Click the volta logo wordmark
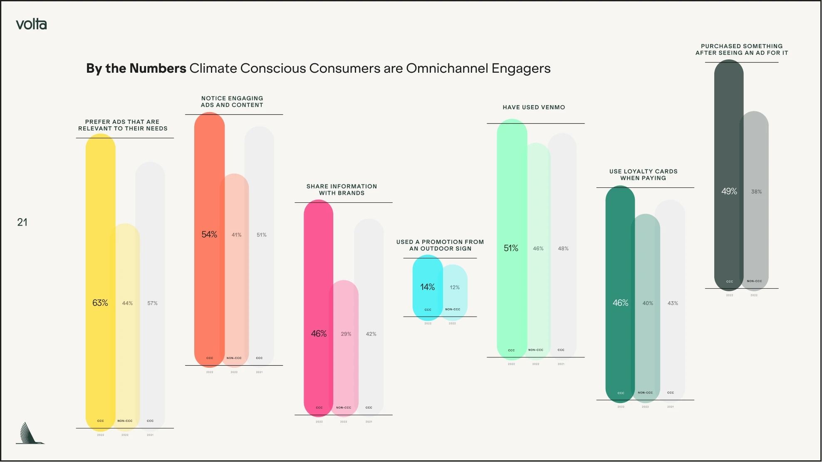(31, 25)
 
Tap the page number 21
(22, 222)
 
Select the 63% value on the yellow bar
(100, 303)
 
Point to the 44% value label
(127, 303)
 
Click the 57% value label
(152, 303)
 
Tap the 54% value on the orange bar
(209, 234)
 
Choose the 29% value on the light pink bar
(346, 334)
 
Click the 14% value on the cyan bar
(427, 287)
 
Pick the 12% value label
(455, 288)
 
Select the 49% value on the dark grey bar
(729, 191)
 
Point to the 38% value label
(756, 192)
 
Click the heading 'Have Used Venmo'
(534, 107)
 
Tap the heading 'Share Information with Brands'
(342, 189)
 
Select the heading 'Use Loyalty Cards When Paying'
(643, 174)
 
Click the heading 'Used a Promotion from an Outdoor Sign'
(440, 245)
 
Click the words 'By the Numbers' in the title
(136, 68)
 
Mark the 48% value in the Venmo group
(563, 248)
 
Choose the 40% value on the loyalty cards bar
(648, 303)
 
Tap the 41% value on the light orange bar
(236, 235)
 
